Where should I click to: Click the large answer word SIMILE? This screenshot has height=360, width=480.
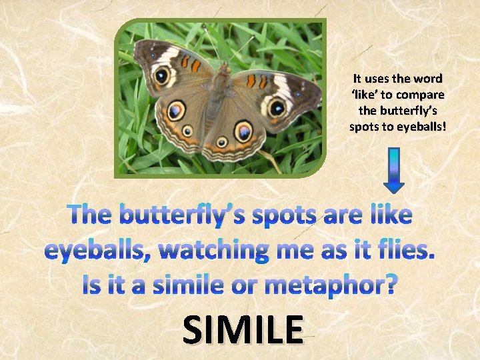[x=242, y=329]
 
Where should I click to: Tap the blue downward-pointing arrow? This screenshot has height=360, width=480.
[x=394, y=170]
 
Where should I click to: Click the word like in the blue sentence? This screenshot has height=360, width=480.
[x=386, y=215]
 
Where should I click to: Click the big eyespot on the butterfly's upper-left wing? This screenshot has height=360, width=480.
[x=162, y=76]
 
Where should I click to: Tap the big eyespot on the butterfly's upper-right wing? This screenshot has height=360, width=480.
[x=277, y=107]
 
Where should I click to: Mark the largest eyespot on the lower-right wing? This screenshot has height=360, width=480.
[x=243, y=131]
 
